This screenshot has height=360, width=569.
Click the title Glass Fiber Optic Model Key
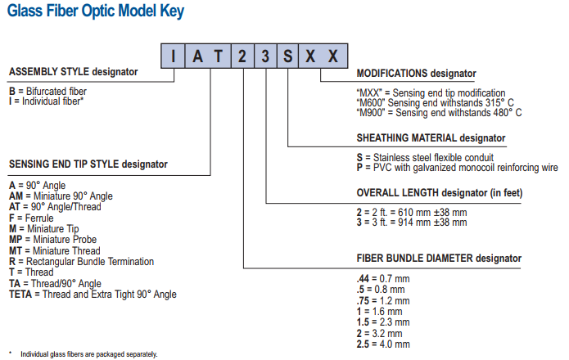tap(96, 11)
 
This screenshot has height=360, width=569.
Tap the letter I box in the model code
tap(173, 56)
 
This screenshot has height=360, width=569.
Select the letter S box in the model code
tap(287, 56)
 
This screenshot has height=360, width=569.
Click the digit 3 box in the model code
tap(265, 56)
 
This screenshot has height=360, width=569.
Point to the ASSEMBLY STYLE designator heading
tap(74, 72)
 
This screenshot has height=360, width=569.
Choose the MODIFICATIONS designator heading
tap(416, 74)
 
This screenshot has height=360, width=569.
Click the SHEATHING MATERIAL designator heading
tap(431, 138)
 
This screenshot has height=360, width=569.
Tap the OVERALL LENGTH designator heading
tap(440, 193)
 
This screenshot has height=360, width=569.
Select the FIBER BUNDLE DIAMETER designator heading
tap(439, 258)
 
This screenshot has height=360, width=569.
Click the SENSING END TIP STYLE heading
tap(88, 164)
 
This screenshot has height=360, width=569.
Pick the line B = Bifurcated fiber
tap(48, 92)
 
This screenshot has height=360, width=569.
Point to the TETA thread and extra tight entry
tap(93, 295)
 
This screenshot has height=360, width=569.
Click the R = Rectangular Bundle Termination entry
tap(81, 261)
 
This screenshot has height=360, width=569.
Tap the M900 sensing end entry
tap(439, 113)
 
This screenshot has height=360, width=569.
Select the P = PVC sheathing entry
tap(457, 168)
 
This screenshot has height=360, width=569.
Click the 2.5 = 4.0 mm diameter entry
tap(383, 344)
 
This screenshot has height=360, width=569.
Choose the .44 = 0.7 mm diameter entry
tap(383, 279)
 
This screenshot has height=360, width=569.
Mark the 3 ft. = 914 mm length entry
tap(412, 223)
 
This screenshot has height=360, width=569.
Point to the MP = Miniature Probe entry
tap(53, 240)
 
